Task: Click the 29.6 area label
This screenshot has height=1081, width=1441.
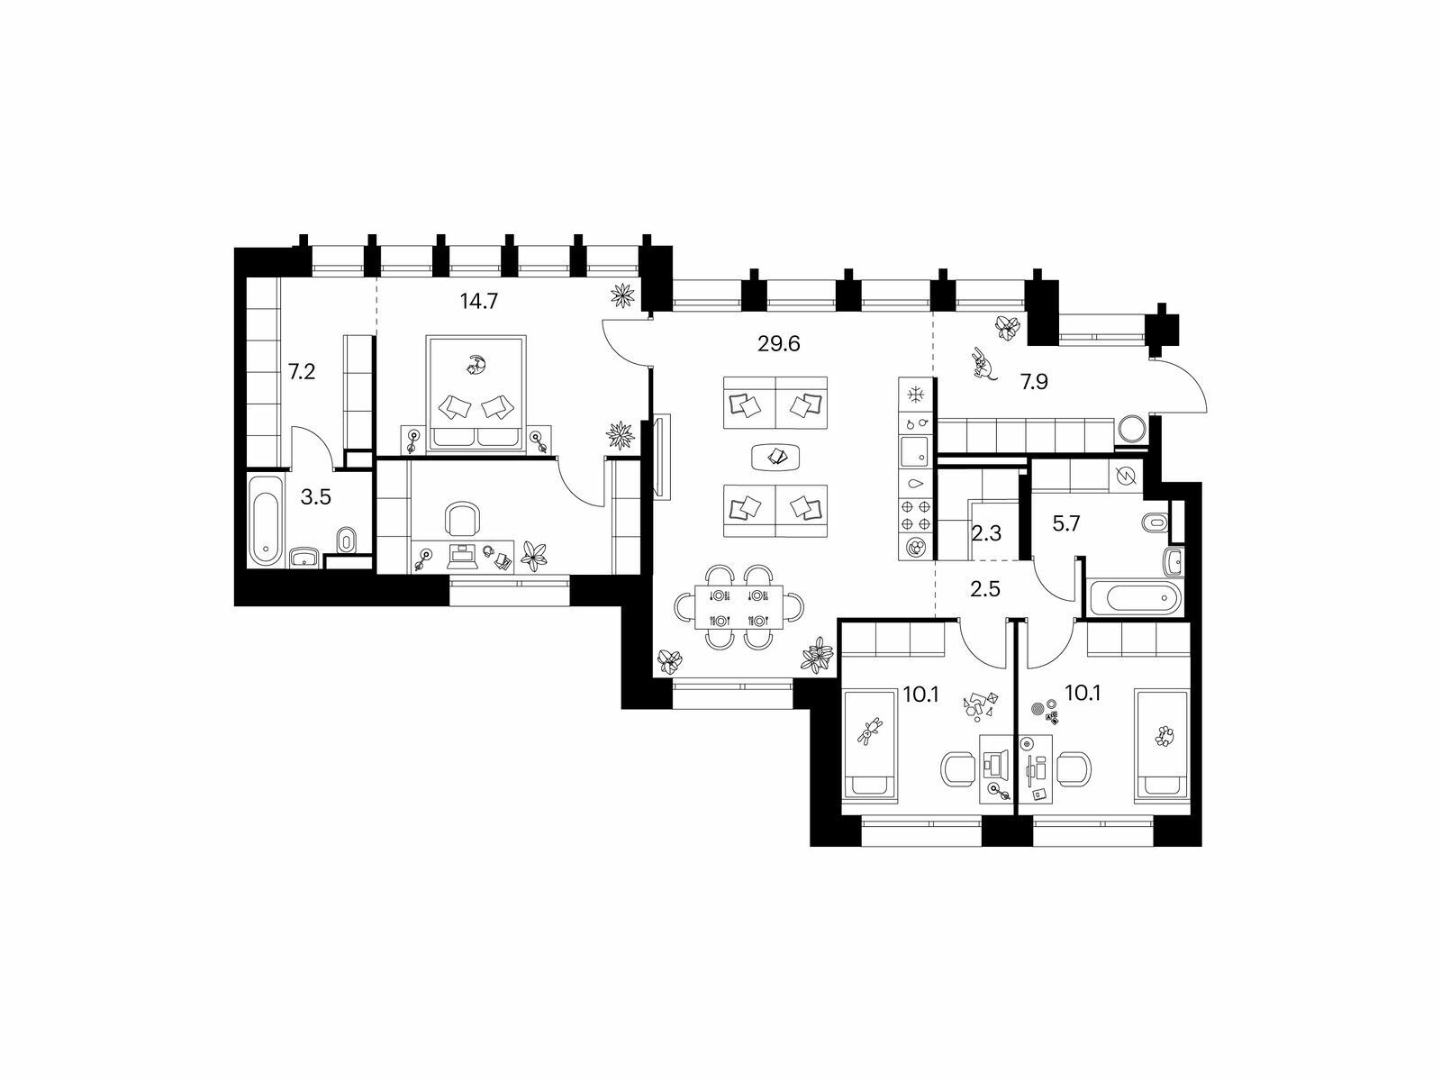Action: pos(779,344)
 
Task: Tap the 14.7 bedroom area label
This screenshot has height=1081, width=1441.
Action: pos(479,301)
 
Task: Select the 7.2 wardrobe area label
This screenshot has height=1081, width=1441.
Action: pos(302,372)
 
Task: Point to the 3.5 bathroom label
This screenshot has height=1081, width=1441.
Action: pos(316,497)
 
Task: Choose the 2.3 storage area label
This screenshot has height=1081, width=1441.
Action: pos(986,533)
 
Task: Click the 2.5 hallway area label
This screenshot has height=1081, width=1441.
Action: pos(984,589)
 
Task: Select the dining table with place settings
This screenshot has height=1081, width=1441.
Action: pos(739,607)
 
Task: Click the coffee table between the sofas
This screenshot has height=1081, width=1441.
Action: pos(775,457)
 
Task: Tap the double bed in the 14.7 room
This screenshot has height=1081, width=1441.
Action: pos(476,394)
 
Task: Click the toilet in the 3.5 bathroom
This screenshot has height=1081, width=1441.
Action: pos(346,540)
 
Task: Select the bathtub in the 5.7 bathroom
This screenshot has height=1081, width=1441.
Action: pos(1135,598)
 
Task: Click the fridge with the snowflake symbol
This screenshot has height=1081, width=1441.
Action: pos(914,395)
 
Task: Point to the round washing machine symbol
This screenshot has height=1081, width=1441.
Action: pos(1131,430)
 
